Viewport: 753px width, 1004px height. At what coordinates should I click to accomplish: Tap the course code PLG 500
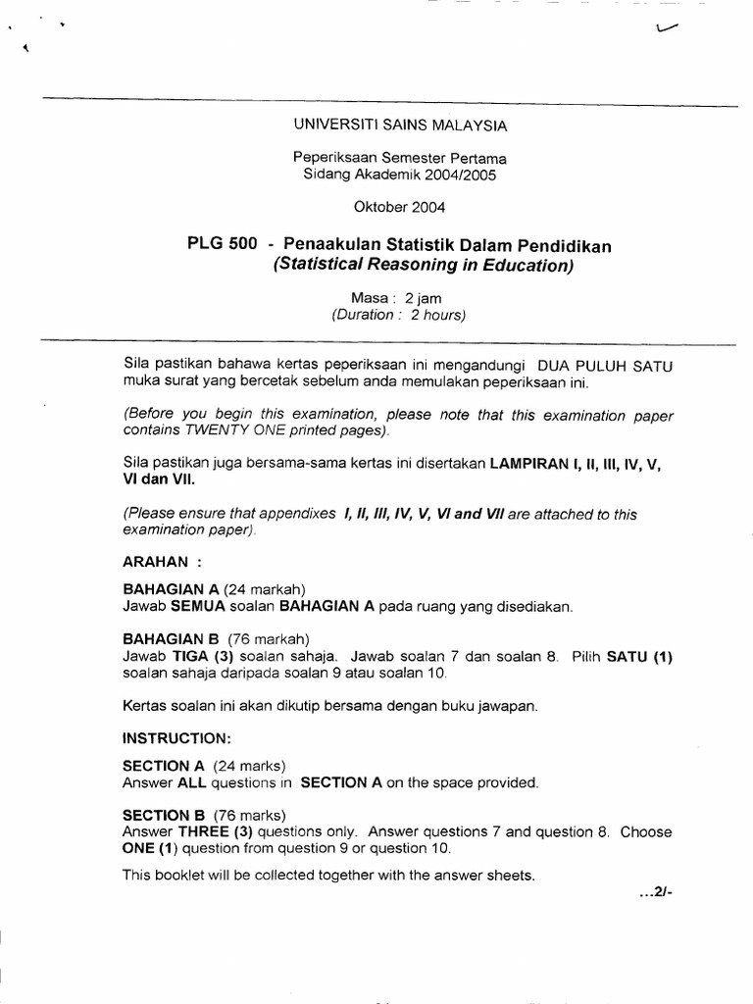[222, 246]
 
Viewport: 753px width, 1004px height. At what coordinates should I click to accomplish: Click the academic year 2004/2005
[458, 176]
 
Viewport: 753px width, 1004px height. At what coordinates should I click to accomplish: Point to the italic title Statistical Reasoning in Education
[424, 266]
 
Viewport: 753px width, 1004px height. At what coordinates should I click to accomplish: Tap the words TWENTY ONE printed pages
[295, 430]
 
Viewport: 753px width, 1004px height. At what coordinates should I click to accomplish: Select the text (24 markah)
[265, 589]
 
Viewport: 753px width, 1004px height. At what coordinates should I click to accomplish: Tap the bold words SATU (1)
[639, 656]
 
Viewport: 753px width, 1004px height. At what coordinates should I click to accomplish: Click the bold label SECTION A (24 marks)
[204, 766]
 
